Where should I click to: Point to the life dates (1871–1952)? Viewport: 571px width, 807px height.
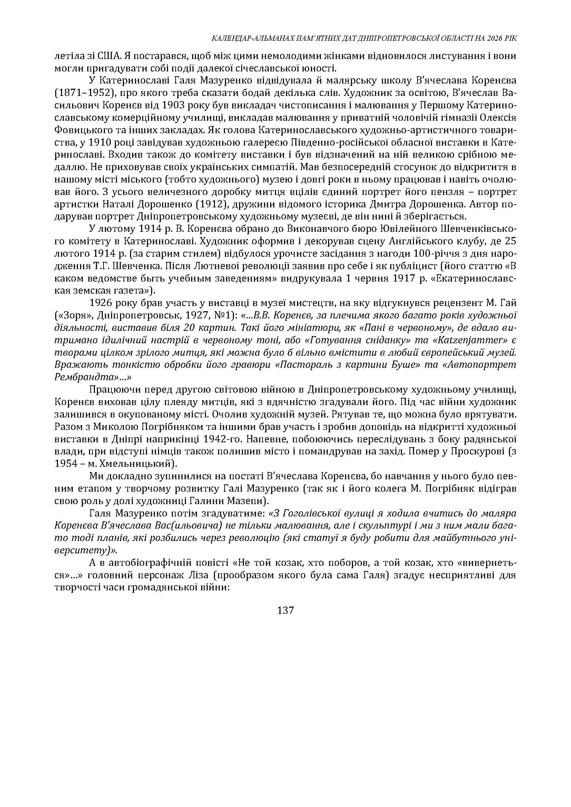(85, 93)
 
